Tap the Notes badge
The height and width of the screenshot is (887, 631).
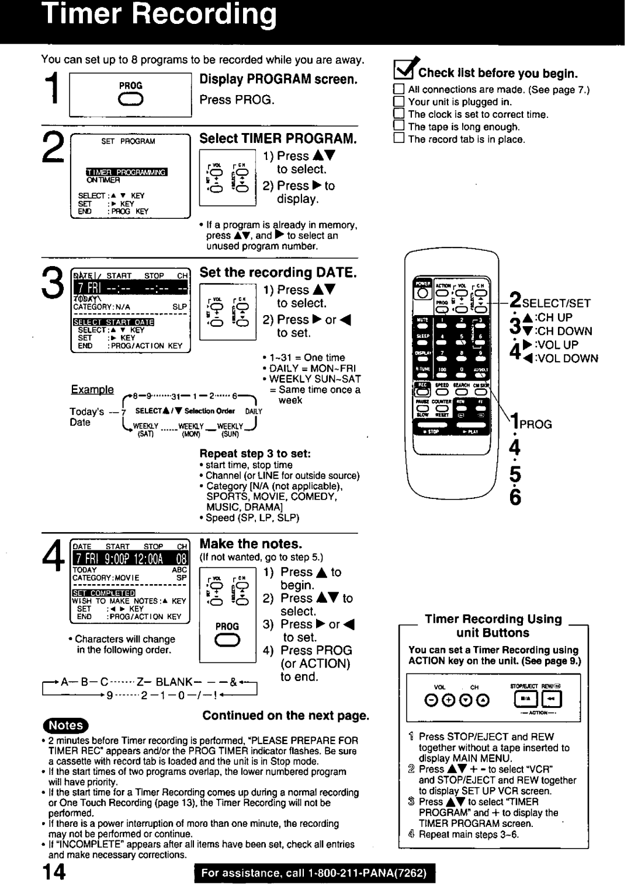click(65, 725)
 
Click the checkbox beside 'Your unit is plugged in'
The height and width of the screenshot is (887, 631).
click(398, 102)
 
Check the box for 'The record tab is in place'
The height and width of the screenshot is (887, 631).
click(398, 139)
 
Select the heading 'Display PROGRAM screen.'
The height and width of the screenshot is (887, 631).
click(278, 79)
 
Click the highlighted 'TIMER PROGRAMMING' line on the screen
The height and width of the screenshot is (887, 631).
click(127, 172)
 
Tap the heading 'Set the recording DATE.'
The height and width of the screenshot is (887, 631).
click(278, 273)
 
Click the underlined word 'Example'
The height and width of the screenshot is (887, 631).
click(92, 390)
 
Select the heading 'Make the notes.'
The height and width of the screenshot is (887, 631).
click(251, 544)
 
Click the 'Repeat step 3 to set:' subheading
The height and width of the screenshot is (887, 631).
click(255, 453)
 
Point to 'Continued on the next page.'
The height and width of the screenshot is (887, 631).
click(286, 715)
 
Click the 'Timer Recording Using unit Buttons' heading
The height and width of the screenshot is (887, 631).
click(493, 626)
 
